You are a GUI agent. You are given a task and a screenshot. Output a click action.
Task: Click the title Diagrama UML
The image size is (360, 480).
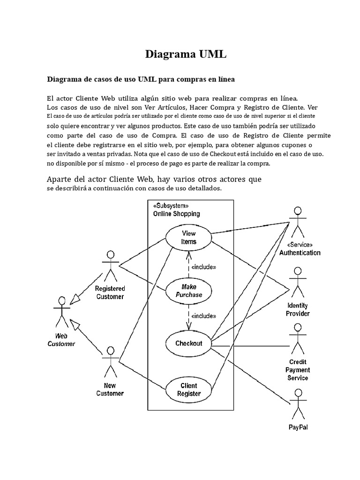(186, 54)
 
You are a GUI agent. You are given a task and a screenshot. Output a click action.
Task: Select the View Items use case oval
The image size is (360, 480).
(188, 238)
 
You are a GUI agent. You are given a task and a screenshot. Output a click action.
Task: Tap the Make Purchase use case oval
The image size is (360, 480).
(188, 291)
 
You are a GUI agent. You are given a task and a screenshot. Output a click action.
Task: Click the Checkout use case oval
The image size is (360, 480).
(188, 343)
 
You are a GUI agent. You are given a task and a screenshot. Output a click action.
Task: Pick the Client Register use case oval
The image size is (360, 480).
(188, 390)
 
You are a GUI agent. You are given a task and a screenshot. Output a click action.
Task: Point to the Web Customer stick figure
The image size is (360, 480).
(61, 312)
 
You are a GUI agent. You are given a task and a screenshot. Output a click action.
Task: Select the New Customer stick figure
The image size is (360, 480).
(111, 362)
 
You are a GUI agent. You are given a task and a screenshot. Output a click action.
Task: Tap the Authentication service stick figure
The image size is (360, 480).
(296, 222)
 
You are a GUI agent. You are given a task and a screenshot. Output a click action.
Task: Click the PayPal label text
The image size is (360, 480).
(298, 427)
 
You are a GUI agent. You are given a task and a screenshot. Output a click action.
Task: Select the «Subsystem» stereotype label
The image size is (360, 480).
(171, 206)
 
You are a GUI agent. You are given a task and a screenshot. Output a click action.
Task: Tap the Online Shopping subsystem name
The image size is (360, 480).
(177, 214)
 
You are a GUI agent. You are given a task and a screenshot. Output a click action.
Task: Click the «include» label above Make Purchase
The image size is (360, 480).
(203, 267)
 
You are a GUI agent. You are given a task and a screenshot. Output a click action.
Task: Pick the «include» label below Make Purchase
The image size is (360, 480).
(203, 315)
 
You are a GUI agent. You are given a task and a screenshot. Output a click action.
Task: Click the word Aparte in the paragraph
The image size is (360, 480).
(61, 180)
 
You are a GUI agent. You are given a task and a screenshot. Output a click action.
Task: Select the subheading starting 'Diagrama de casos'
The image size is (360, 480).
(141, 79)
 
